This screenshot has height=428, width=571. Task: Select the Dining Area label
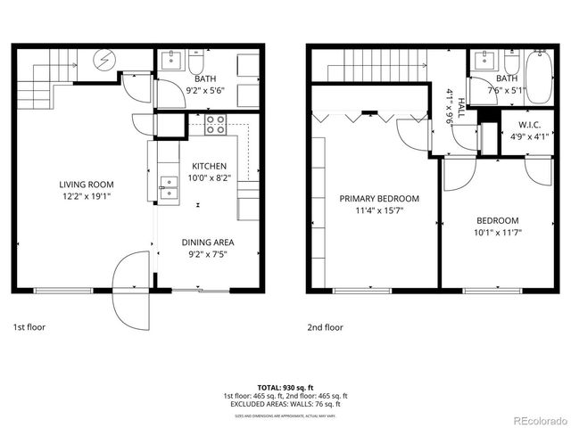click(209, 242)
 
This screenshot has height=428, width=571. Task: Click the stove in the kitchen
click(216, 124)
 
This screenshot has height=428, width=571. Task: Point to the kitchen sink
click(168, 185)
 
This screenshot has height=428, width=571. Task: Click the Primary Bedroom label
click(379, 199)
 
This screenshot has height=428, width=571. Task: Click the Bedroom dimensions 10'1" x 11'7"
click(497, 233)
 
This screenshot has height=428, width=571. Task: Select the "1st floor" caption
click(29, 327)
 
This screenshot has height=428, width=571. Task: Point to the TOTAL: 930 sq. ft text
click(285, 388)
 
